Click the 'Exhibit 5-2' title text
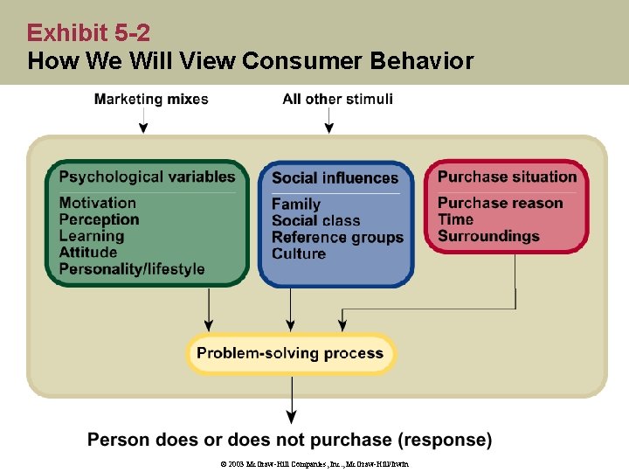click(x=88, y=33)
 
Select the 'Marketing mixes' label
click(x=151, y=99)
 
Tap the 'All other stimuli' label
click(x=337, y=99)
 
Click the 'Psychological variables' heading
click(x=148, y=177)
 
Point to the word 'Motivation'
click(x=98, y=203)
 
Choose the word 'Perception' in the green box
click(x=99, y=219)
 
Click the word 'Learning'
click(x=92, y=236)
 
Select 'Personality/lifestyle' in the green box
click(x=132, y=269)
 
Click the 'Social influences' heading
click(x=335, y=178)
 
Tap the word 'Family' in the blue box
click(x=296, y=205)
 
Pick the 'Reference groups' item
click(x=337, y=237)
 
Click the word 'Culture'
click(x=299, y=253)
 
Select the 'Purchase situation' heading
click(x=507, y=177)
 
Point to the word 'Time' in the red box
click(x=455, y=219)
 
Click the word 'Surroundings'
click(x=488, y=236)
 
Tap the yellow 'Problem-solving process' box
click(x=291, y=354)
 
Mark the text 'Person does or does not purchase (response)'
click(x=290, y=439)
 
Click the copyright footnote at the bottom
click(x=314, y=463)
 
